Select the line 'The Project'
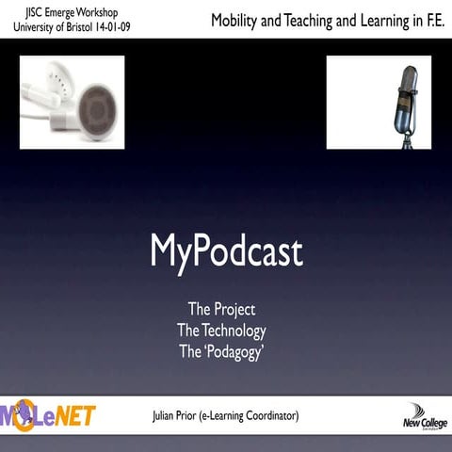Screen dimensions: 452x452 coord(221,309)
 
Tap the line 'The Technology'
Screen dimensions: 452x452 coord(221,331)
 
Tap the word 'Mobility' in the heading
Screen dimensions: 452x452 coord(239,20)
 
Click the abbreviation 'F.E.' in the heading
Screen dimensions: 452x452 coord(428,20)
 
